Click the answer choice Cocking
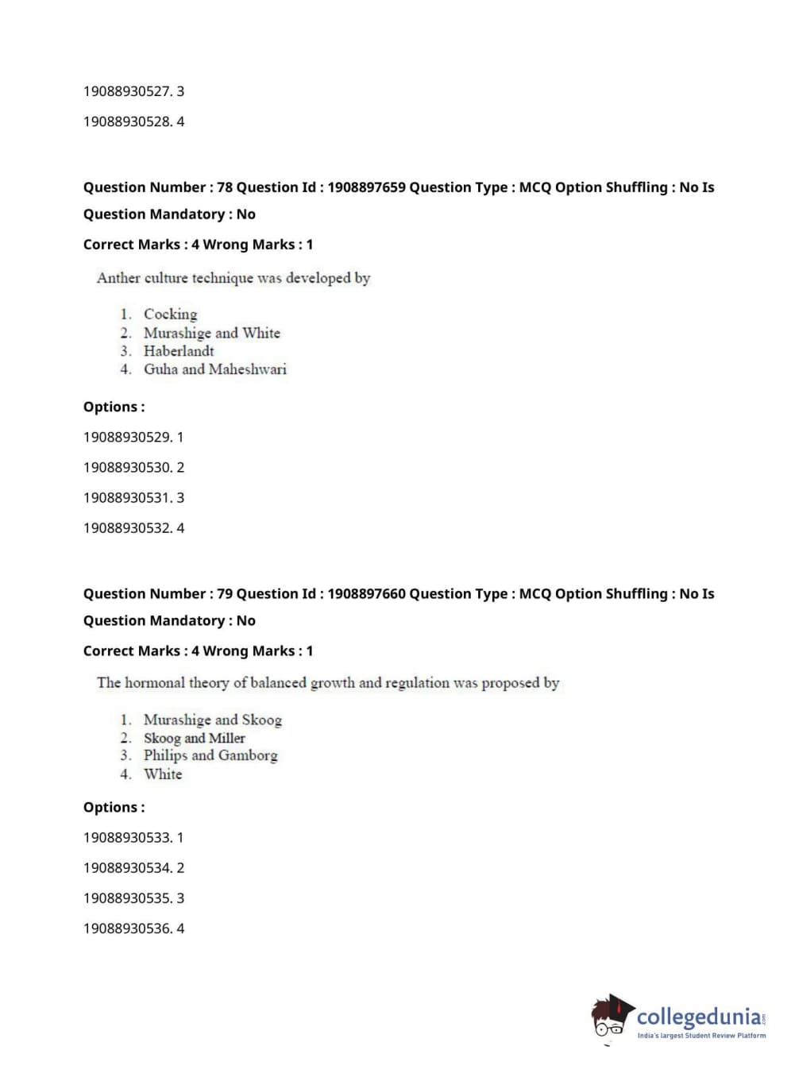point(170,315)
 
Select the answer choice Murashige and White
point(211,333)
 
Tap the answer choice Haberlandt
point(179,351)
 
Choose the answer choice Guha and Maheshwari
point(214,369)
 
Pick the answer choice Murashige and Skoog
point(212,720)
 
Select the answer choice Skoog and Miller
point(194,739)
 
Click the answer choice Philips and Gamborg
point(210,756)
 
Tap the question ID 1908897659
point(366,187)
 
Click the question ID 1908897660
point(366,594)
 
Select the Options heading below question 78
point(114,407)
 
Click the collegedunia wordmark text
point(699,1017)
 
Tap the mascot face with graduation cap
point(611,1017)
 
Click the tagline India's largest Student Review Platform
point(701,1036)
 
